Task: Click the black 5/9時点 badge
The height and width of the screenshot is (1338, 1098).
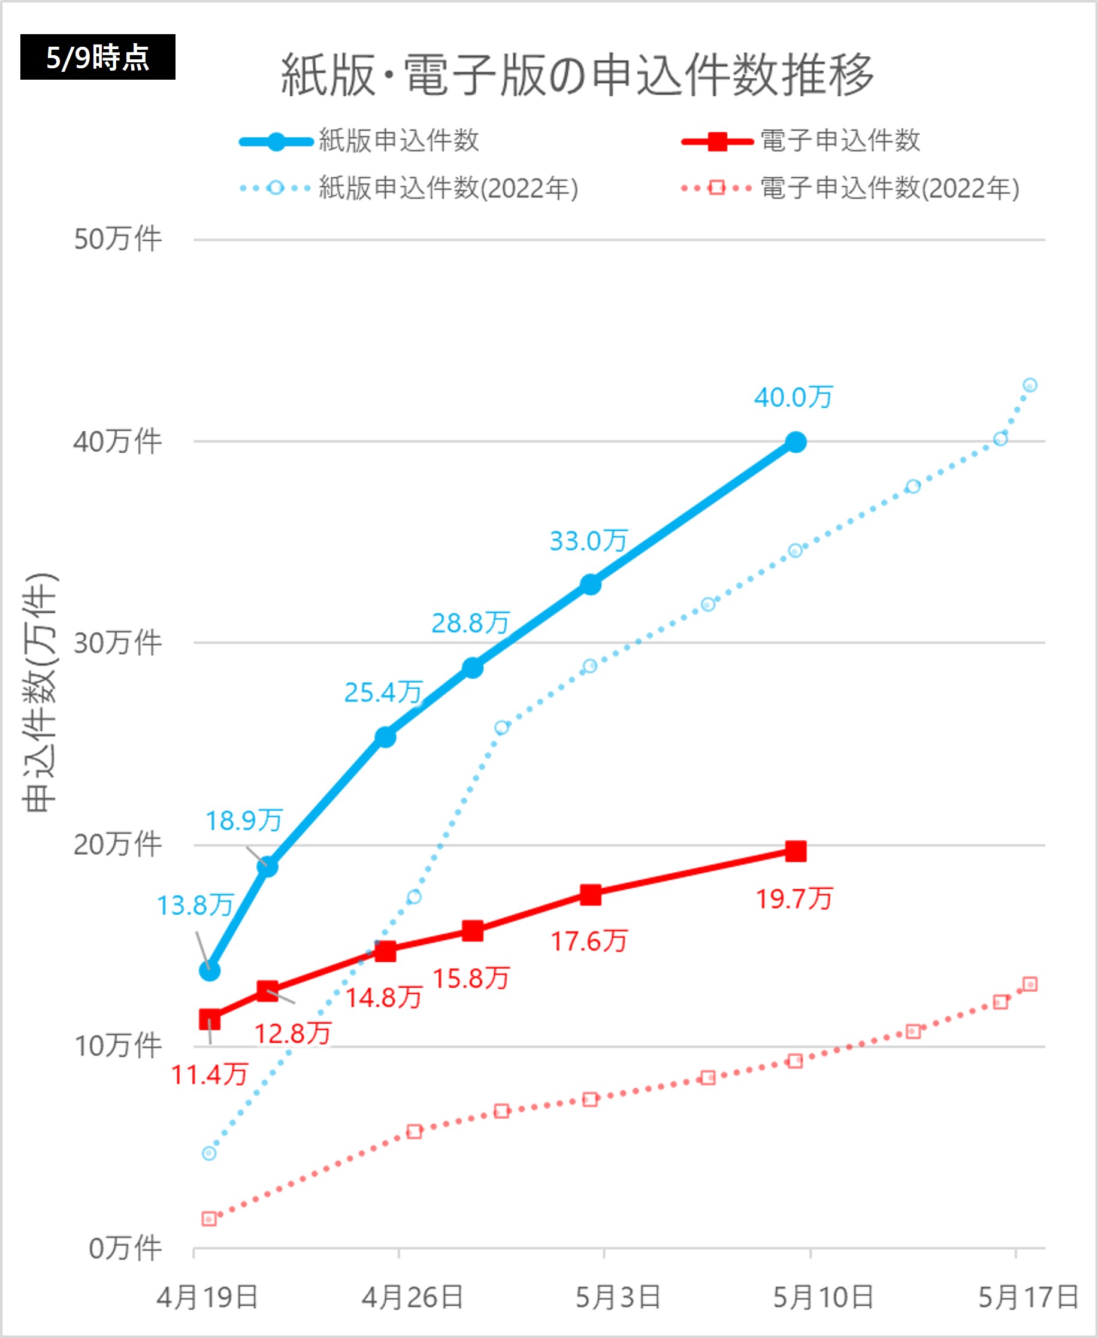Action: coord(98,57)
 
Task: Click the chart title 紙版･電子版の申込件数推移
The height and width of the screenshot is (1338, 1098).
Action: coord(577,75)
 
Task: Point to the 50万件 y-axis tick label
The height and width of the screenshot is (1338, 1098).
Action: coord(117,239)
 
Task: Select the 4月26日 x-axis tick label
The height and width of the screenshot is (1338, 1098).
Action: coord(412,1297)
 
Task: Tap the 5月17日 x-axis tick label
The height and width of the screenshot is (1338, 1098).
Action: coord(1029,1297)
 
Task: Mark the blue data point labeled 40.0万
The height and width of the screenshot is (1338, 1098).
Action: coord(795,442)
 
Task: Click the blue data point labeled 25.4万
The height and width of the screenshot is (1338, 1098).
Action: coord(385,737)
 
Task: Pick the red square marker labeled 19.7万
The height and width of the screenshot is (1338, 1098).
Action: coord(795,851)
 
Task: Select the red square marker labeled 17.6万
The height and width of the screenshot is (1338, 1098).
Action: coord(590,895)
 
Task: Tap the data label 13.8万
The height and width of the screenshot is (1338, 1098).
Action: coord(195,906)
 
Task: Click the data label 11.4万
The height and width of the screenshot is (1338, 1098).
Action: coord(209,1074)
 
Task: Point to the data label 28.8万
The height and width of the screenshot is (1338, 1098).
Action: coord(471,623)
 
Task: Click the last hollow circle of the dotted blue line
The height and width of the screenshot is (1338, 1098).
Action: coord(1030,385)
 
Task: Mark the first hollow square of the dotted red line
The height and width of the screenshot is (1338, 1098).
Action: coord(209,1218)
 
